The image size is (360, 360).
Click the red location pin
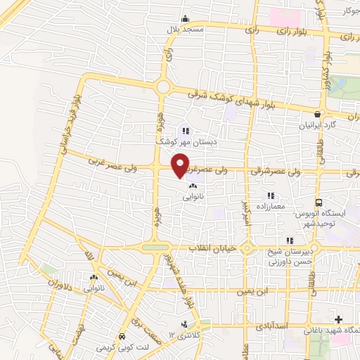tap(181, 165)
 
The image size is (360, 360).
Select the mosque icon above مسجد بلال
tap(185, 19)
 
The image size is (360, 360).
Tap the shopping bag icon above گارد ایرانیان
tap(318, 114)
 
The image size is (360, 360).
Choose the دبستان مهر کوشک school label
tap(185, 141)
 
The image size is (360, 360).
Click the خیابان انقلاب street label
tap(214, 249)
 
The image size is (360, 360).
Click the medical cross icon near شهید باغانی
tap(341, 319)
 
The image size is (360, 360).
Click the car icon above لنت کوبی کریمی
tap(123, 335)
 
